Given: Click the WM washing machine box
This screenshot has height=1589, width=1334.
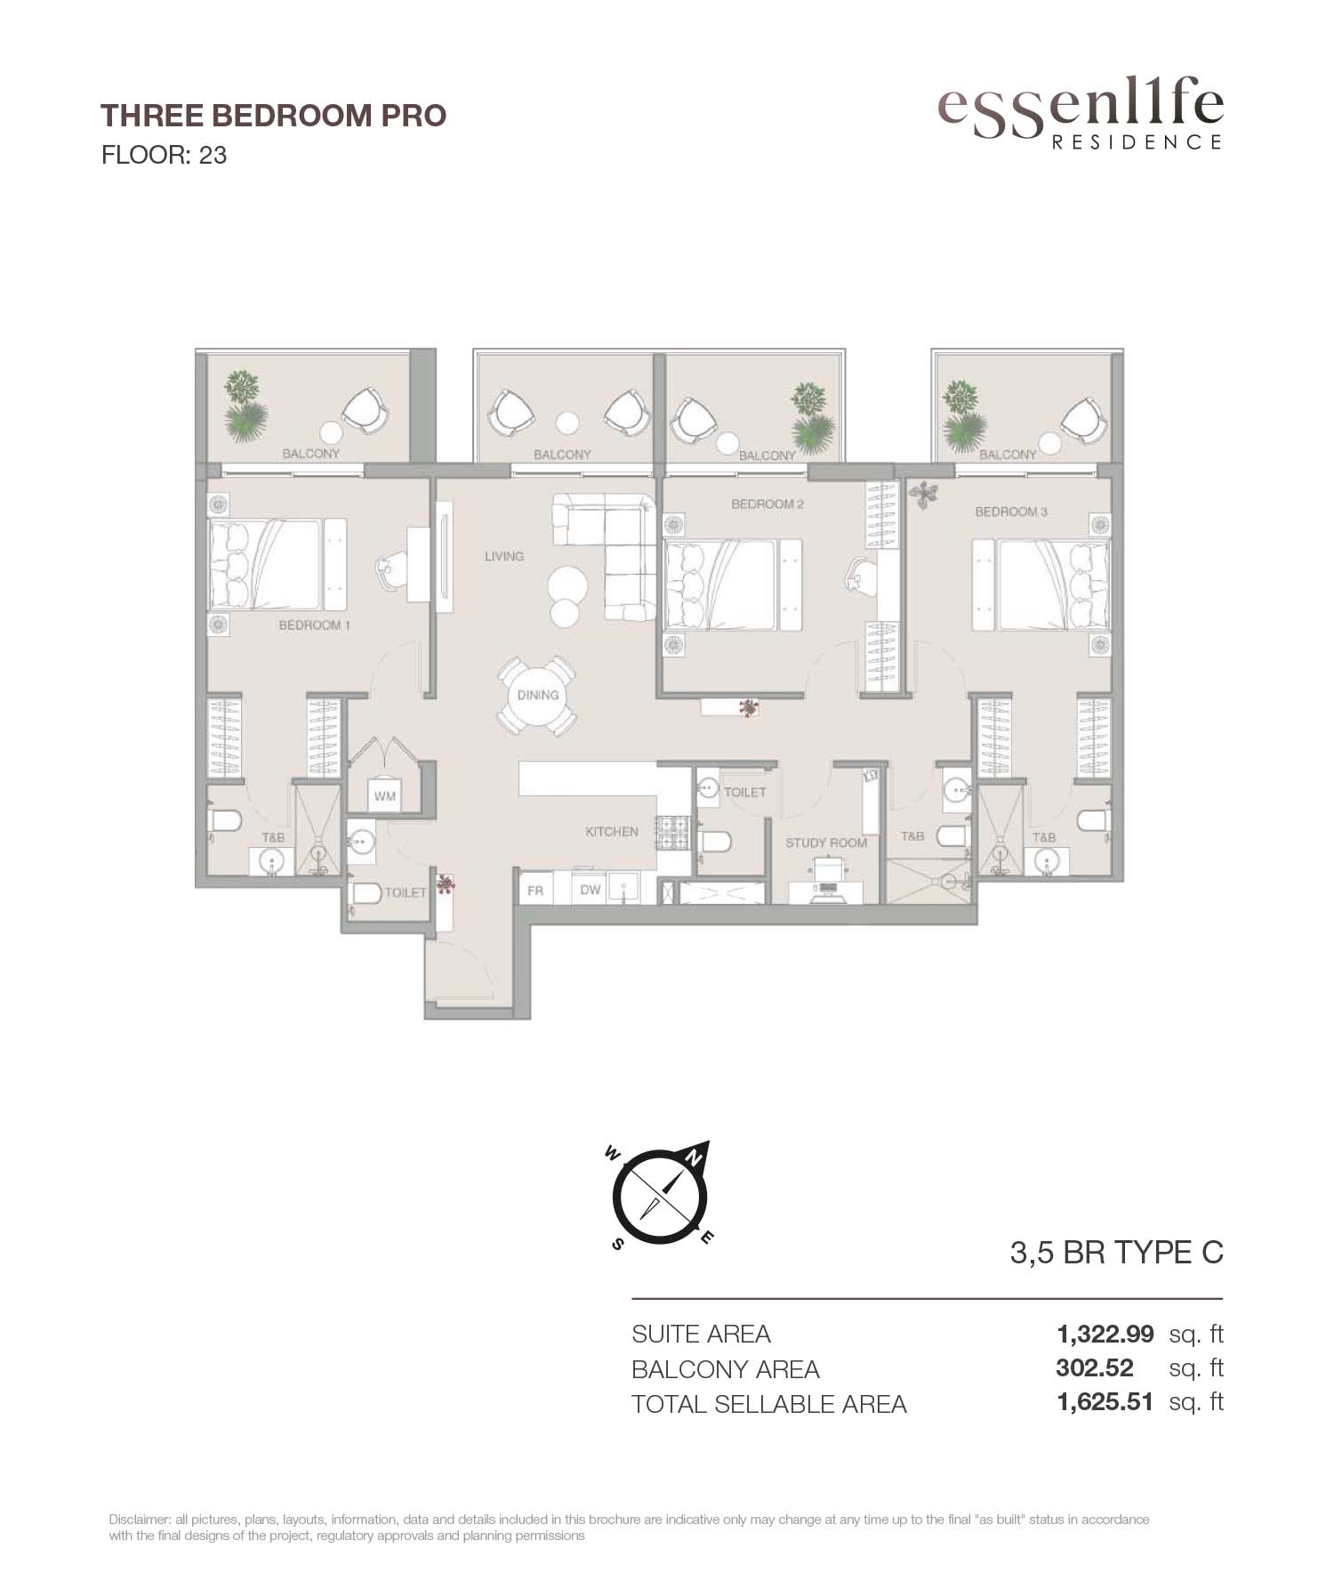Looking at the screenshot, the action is [x=384, y=795].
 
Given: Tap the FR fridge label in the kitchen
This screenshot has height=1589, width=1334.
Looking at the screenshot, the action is [x=535, y=890].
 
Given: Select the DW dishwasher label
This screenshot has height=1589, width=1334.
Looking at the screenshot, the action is [x=591, y=890].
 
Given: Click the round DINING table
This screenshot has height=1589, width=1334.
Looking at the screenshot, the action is [x=537, y=695].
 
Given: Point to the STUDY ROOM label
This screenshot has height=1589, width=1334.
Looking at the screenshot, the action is [x=826, y=843].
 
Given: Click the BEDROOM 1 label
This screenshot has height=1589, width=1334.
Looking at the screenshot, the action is [x=315, y=625].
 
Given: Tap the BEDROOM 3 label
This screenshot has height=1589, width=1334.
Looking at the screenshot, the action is [x=1011, y=512].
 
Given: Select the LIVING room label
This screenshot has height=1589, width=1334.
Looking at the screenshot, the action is [x=504, y=556].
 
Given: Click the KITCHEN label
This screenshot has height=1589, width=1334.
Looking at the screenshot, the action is [x=612, y=832].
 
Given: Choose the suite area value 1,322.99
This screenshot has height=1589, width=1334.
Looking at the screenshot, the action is [x=1105, y=1334].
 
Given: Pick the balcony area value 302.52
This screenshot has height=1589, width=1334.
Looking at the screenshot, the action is [x=1095, y=1368].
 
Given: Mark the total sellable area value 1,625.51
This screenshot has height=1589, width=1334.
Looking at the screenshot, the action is [x=1105, y=1402].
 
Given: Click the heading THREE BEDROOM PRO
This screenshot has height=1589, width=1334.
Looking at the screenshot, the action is [x=273, y=116].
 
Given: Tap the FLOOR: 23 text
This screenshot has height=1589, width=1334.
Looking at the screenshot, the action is [x=165, y=155].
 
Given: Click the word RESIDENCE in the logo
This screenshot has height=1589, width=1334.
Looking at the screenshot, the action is [x=1137, y=141].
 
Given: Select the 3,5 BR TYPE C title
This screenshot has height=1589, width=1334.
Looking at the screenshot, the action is [x=1117, y=1253].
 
